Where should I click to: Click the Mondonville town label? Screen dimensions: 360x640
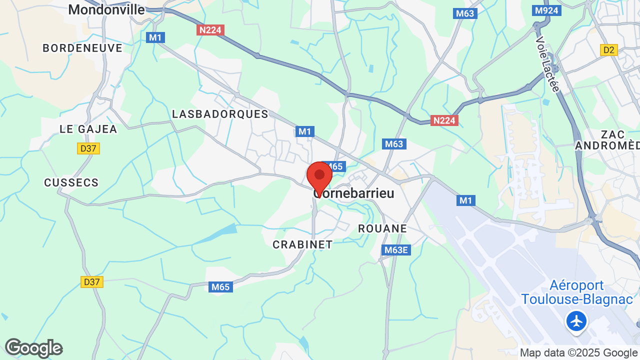tap(106, 9)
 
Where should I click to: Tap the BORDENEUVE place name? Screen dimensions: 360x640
tap(82, 48)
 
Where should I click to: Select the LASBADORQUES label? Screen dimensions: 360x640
tap(220, 114)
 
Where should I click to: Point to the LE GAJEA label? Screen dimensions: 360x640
tap(88, 129)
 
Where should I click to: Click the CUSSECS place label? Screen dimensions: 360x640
tap(71, 182)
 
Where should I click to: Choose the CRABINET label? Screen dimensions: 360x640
tap(302, 244)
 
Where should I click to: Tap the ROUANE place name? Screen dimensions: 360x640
tap(382, 228)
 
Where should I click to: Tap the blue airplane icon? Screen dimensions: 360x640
tap(577, 321)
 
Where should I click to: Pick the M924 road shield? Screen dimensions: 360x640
tap(546, 10)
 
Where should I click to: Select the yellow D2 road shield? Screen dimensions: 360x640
tap(609, 50)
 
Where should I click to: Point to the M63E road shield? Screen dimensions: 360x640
tap(396, 250)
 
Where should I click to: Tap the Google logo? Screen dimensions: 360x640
tap(33, 348)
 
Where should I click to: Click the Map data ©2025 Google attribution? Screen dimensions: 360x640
tap(579, 353)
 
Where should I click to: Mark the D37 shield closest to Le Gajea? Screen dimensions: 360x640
tap(89, 148)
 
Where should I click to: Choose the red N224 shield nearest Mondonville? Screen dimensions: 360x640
tap(210, 30)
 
